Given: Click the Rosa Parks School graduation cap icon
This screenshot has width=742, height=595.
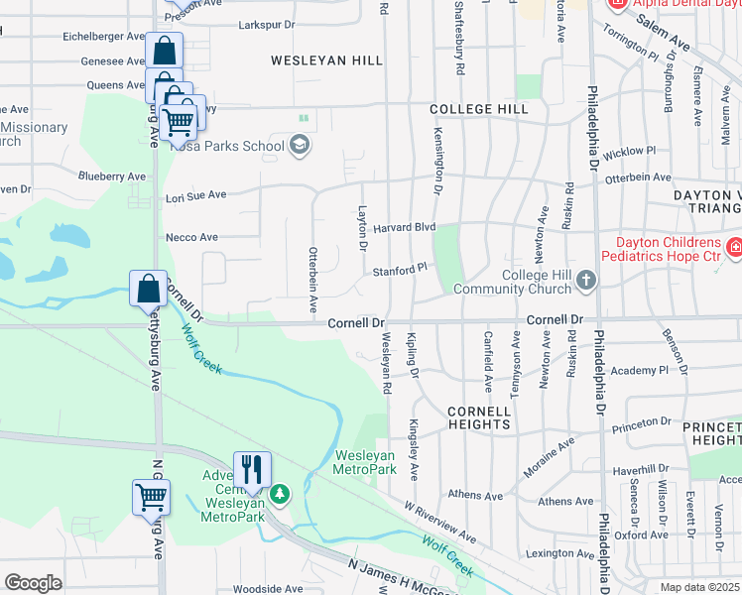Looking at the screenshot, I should tap(299, 147).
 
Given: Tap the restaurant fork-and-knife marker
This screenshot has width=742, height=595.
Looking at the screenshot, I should tap(252, 469).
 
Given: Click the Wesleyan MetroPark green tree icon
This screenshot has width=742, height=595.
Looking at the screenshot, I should tap(281, 493).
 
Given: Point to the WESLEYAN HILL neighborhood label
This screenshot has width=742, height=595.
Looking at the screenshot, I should tap(327, 60).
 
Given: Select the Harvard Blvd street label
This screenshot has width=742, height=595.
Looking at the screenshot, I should tap(405, 227).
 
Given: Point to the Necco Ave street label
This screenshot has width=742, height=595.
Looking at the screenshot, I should tap(192, 238).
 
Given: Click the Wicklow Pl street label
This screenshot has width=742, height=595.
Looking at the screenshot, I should tap(623, 153).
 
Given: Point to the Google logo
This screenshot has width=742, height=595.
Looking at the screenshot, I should tap(33, 583).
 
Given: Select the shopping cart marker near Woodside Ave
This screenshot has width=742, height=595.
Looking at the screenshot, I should tap(151, 497).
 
